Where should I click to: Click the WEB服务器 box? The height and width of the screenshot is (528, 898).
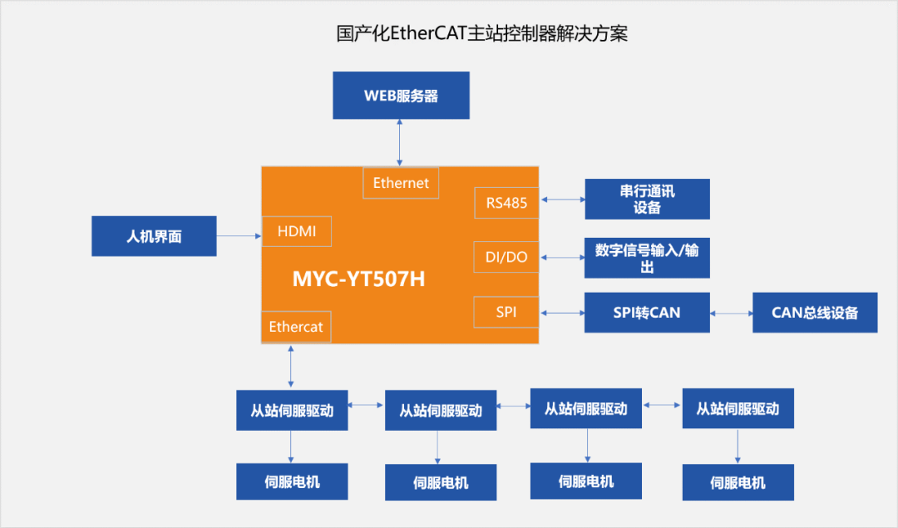pyautogui.click(x=401, y=95)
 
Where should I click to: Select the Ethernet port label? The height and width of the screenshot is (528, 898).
pyautogui.click(x=401, y=183)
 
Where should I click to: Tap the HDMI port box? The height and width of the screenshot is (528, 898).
pyautogui.click(x=297, y=231)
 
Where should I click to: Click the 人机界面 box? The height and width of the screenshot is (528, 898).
pyautogui.click(x=154, y=236)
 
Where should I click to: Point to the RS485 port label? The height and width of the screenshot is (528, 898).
pyautogui.click(x=506, y=202)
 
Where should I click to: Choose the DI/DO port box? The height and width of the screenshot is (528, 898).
pyautogui.click(x=506, y=257)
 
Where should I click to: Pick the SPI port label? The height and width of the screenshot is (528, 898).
pyautogui.click(x=506, y=312)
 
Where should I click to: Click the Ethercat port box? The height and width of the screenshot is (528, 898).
pyautogui.click(x=296, y=327)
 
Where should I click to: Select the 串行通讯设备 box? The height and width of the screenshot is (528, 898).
pyautogui.click(x=647, y=200)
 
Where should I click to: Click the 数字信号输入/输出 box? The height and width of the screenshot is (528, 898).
pyautogui.click(x=647, y=258)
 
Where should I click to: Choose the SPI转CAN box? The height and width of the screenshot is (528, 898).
pyautogui.click(x=647, y=313)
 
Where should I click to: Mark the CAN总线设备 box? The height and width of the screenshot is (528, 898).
pyautogui.click(x=815, y=313)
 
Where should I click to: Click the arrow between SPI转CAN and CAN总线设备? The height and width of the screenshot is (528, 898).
pyautogui.click(x=732, y=313)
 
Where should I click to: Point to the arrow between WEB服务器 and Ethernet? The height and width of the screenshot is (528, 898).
pyautogui.click(x=401, y=141)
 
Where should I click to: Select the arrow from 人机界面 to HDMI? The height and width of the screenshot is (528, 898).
pyautogui.click(x=239, y=236)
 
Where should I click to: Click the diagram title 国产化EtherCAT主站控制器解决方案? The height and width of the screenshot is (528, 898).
pyautogui.click(x=481, y=34)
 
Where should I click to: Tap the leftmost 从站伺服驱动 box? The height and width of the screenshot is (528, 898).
pyautogui.click(x=292, y=410)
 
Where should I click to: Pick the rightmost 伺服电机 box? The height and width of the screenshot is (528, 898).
pyautogui.click(x=738, y=482)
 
